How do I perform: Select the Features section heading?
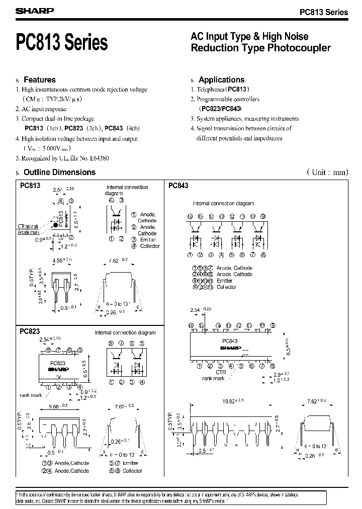40,80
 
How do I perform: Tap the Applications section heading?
221,80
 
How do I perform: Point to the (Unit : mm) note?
327,172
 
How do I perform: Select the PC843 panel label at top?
178,186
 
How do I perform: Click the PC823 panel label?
30,332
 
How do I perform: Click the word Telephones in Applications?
212,90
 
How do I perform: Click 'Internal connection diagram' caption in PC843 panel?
224,204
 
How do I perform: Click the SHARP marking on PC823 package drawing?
58,369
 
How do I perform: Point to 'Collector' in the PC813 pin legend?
150,246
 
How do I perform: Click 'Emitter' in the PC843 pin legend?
225,281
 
